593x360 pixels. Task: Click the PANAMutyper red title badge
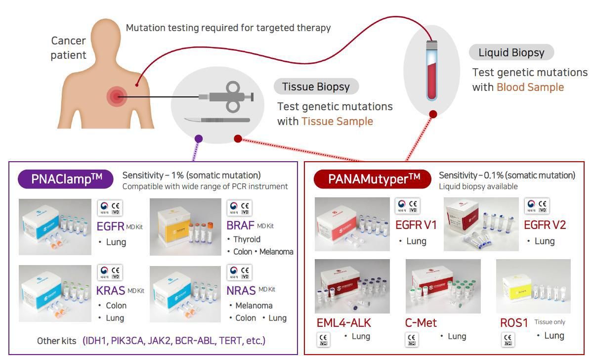tap(373, 179)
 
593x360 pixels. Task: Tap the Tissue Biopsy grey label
tap(316, 87)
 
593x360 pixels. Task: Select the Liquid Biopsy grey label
tap(511, 53)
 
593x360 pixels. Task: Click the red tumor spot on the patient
tap(117, 96)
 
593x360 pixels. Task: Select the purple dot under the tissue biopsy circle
tap(199, 139)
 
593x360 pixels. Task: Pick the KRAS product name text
tap(111, 291)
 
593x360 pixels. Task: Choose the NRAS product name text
tap(241, 291)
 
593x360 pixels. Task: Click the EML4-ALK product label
tap(343, 323)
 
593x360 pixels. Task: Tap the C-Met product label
tap(421, 323)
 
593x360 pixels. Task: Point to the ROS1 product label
tap(514, 323)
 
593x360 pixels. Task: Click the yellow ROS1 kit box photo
tap(533, 286)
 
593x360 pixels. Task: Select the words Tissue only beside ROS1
tap(550, 322)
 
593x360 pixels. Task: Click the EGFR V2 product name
tap(545, 225)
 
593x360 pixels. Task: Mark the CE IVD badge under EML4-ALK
tap(323, 340)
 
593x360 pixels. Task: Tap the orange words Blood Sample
tap(530, 88)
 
